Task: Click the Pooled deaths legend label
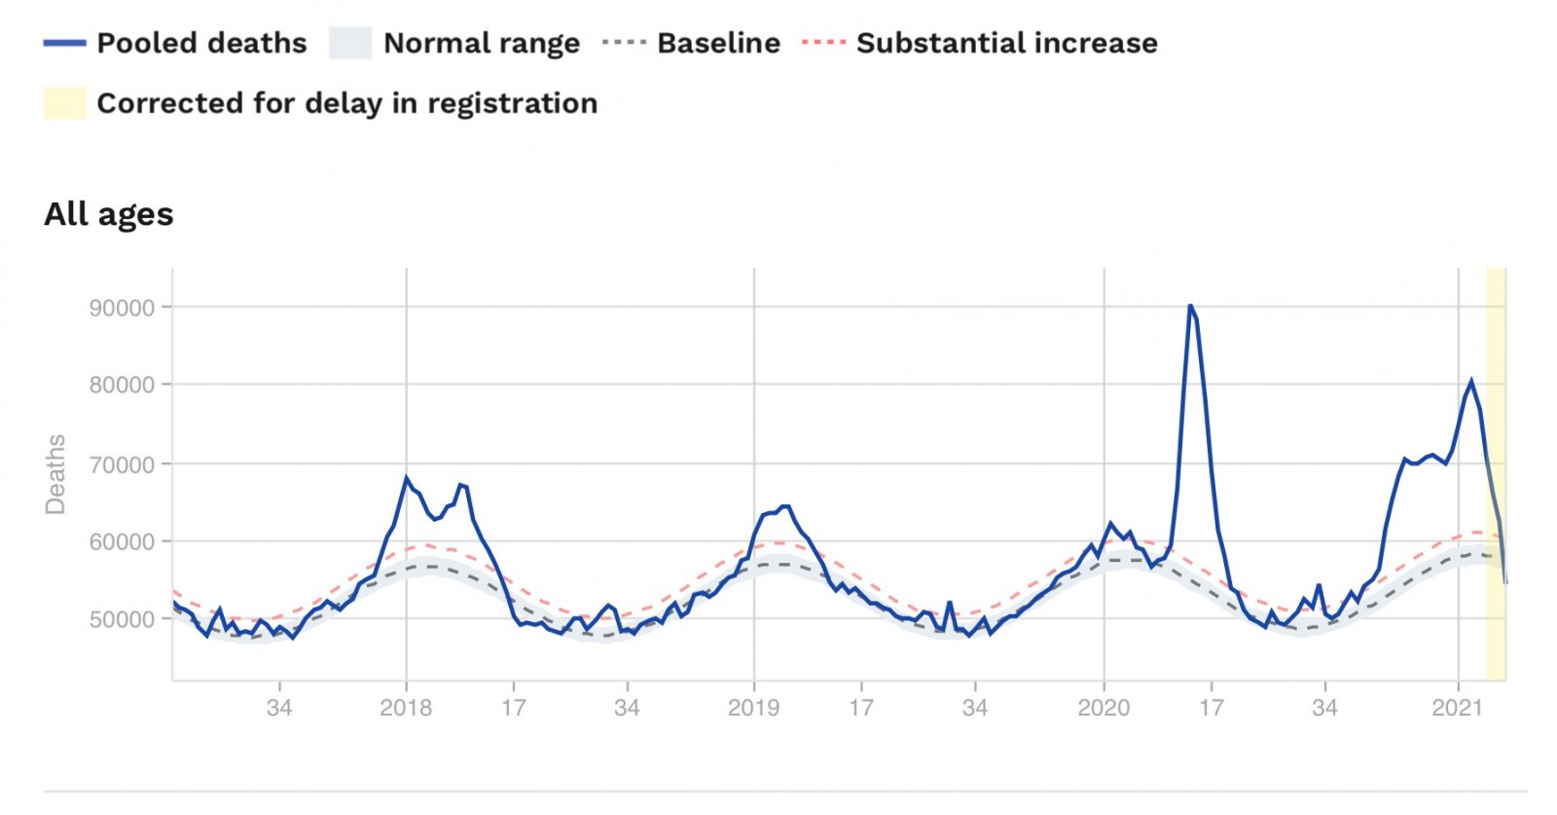pos(201,43)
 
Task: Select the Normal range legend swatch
pos(350,43)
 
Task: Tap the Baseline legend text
pos(718,43)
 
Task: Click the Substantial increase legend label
pos(1006,43)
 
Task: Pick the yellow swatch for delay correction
pos(64,103)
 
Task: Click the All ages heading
pos(109,214)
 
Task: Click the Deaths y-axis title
pos(55,474)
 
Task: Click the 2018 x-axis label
pos(406,708)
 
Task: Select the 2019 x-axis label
pos(753,708)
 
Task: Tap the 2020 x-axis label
pos(1104,708)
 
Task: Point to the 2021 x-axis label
pos(1457,708)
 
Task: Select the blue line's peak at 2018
pos(407,477)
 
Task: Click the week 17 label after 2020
pos(1211,708)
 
